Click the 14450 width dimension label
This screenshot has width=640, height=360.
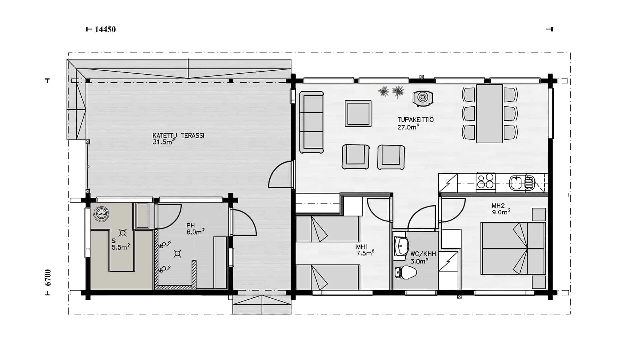(x=105, y=29)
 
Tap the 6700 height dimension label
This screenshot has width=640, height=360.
(x=48, y=278)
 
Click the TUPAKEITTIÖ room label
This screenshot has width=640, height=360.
(x=416, y=120)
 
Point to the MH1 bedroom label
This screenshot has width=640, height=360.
(x=362, y=247)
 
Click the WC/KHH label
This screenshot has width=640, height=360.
(x=423, y=254)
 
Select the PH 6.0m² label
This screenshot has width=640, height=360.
(x=195, y=229)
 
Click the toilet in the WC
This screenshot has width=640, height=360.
(x=405, y=273)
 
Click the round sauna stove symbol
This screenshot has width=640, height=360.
(x=101, y=213)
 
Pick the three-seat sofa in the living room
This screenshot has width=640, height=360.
(x=312, y=122)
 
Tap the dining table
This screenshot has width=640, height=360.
(x=489, y=114)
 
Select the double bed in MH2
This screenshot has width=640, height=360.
(x=513, y=248)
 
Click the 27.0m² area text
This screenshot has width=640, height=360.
(x=408, y=127)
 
